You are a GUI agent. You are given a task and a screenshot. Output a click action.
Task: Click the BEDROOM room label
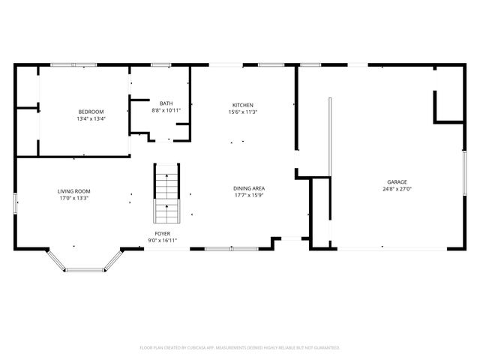(90, 112)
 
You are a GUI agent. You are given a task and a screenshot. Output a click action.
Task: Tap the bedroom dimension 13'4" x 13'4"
(90, 118)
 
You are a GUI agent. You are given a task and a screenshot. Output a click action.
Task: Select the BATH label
(165, 103)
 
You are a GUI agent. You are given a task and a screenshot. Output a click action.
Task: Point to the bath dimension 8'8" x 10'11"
(165, 110)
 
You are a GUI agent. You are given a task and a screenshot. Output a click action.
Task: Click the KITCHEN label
(242, 105)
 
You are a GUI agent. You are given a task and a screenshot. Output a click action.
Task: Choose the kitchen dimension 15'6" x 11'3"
(242, 112)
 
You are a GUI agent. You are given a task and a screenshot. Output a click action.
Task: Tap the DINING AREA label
(249, 188)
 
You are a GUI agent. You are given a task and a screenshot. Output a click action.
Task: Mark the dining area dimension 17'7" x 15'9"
(249, 195)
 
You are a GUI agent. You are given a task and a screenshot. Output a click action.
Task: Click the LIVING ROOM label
(73, 191)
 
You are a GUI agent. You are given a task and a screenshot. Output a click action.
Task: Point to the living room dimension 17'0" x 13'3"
(73, 198)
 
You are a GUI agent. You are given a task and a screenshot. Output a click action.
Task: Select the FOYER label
(161, 234)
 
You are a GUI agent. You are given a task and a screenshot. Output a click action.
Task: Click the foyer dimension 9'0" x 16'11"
(161, 241)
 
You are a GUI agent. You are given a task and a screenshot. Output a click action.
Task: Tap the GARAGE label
(397, 182)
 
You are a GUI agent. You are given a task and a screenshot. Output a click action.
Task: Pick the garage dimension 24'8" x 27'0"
(397, 189)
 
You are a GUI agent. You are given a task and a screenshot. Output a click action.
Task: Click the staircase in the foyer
(166, 193)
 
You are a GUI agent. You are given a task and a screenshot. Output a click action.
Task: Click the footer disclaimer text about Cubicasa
(240, 347)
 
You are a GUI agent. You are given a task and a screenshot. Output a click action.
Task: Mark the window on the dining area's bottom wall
(230, 248)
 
